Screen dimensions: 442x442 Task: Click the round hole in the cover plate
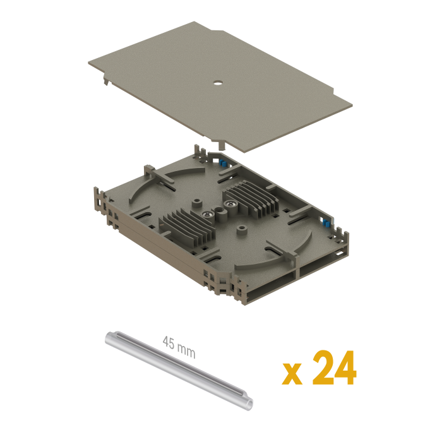(218, 83)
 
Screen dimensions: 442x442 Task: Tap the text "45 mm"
(179, 347)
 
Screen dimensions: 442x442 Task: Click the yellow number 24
(334, 367)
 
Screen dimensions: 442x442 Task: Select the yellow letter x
(292, 374)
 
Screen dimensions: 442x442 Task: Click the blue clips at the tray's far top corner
(223, 163)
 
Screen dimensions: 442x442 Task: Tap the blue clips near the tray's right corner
(326, 224)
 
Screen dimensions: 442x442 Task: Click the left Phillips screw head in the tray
(206, 215)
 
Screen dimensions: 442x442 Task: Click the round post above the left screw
(197, 203)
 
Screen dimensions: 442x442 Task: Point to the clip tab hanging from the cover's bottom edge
(222, 145)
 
